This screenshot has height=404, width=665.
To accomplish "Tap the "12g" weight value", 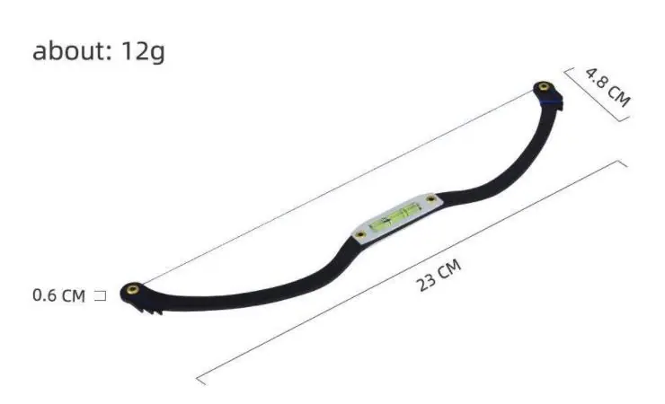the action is (143, 52).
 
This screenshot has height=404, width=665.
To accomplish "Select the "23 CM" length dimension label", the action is (439, 276).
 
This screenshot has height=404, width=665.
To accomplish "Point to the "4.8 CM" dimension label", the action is (607, 87).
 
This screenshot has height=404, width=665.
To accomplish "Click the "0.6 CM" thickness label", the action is (58, 295).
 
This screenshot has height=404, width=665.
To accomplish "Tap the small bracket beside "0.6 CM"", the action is (101, 295).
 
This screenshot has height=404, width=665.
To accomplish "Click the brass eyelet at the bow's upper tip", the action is (543, 87).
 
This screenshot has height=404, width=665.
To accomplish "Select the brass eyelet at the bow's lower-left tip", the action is (133, 289).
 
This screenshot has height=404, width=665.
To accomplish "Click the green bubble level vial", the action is (396, 216).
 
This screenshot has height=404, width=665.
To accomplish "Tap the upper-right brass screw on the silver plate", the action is (430, 198).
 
